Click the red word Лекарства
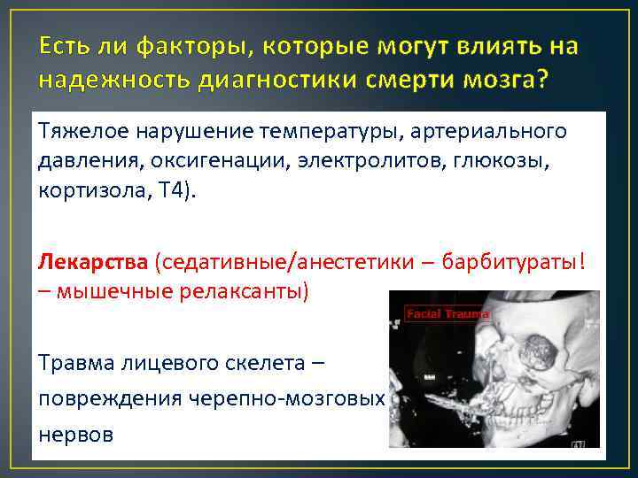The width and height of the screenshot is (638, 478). [x=94, y=262]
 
